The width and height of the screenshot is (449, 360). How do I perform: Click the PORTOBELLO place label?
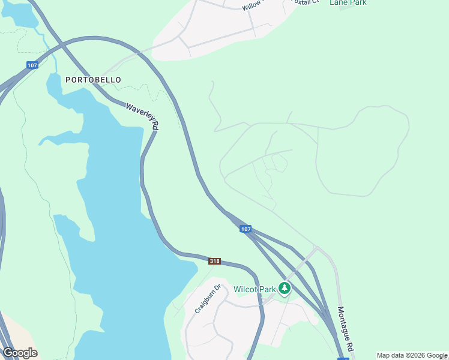[93, 80]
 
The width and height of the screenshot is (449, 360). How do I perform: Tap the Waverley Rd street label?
[142, 116]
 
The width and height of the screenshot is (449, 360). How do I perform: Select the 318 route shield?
[215, 261]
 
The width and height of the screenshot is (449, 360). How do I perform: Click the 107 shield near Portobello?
[32, 65]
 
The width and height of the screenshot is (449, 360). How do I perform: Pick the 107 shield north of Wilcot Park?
[245, 229]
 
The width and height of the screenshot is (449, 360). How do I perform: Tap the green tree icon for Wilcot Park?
[285, 289]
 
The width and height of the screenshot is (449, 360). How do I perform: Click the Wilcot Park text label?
[254, 289]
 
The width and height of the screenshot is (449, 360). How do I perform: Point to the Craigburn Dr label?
[208, 299]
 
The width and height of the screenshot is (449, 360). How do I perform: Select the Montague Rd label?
[344, 329]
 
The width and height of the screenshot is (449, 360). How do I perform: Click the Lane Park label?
[348, 3]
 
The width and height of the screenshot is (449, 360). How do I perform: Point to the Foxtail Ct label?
[303, 2]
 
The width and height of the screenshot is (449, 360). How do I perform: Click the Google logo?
[20, 353]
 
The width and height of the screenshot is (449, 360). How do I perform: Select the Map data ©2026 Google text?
[412, 355]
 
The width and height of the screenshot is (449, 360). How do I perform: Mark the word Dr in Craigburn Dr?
[218, 288]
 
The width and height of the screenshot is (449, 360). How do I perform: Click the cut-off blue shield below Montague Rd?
[343, 358]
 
